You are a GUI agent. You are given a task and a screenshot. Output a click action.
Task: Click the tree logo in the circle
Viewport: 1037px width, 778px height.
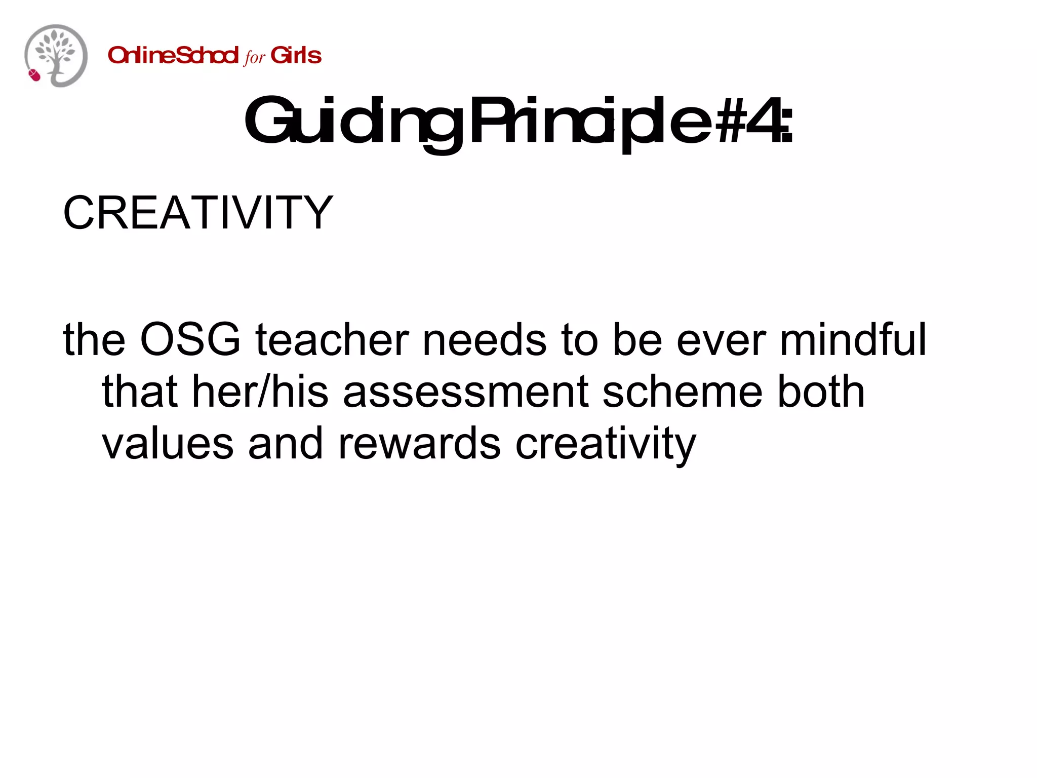click(x=56, y=55)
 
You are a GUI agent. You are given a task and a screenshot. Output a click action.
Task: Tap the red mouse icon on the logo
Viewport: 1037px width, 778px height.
click(x=34, y=75)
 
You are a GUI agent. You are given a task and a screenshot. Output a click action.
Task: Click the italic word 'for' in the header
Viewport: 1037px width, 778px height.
click(x=254, y=57)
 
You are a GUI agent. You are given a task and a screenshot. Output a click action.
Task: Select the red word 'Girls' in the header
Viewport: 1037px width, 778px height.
click(x=296, y=55)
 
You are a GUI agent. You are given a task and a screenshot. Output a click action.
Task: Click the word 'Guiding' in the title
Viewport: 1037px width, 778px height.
click(x=354, y=122)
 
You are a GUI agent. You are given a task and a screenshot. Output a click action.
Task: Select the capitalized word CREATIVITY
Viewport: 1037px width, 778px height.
click(x=198, y=213)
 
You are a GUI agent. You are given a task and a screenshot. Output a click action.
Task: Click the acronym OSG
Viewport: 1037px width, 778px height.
click(x=190, y=339)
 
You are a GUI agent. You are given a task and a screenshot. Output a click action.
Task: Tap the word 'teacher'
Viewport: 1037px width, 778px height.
click(x=332, y=339)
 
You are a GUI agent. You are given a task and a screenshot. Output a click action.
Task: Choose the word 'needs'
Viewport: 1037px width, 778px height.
click(x=485, y=339)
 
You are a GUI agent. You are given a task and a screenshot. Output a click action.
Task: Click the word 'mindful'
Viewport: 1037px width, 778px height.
click(x=853, y=339)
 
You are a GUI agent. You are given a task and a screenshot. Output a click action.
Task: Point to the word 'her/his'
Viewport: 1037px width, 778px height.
click(x=260, y=392)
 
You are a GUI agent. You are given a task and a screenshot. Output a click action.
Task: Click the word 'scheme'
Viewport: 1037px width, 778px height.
click(x=683, y=392)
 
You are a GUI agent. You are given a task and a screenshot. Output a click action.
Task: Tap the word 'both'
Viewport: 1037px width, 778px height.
click(x=821, y=392)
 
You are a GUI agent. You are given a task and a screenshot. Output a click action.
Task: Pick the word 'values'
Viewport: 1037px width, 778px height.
click(x=168, y=444)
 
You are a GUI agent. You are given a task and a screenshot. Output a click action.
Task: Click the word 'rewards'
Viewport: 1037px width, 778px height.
click(x=419, y=444)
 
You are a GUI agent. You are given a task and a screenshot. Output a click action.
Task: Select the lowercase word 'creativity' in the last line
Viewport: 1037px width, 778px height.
click(x=606, y=444)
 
